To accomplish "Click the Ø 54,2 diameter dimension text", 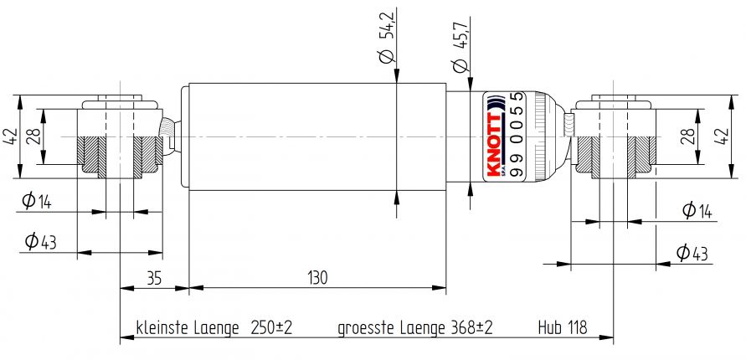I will pos(386,37).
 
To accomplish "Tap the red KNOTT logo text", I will pos(492,145).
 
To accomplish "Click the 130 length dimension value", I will pos(316,277).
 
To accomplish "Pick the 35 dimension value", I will pos(153,277).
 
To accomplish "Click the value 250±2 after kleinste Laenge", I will pos(271,327).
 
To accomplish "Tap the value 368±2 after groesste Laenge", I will pos(472,327).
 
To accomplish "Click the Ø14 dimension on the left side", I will pos(38,201).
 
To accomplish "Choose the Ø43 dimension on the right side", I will pos(693,252).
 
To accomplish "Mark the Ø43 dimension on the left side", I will pos(39,243).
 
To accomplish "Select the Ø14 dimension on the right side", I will pos(697,210).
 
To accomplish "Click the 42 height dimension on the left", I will pos(10,136).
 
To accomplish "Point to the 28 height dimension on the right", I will pos(687,136).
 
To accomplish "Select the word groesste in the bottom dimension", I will pos(366,327).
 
